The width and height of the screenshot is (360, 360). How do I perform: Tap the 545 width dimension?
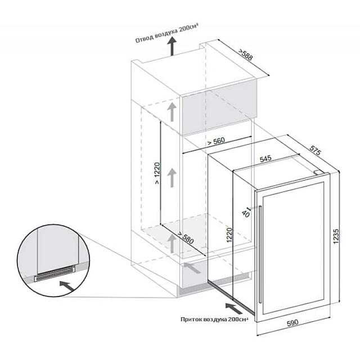(x=266, y=159)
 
